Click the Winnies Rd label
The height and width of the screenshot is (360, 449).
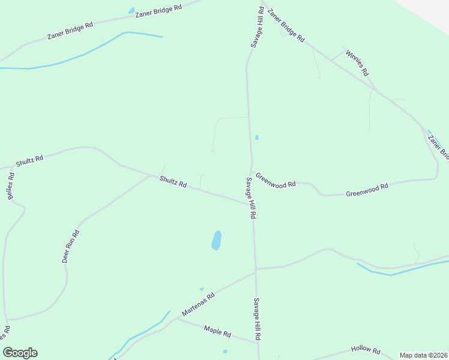click(x=357, y=63)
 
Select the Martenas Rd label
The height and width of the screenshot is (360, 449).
click(x=198, y=305)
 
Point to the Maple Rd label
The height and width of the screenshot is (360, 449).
click(x=217, y=331)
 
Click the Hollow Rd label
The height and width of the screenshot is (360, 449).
click(x=366, y=351)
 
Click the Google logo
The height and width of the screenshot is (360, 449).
click(x=20, y=353)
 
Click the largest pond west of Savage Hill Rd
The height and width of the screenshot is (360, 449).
click(x=216, y=240)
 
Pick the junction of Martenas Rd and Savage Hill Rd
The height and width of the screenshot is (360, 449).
click(x=256, y=271)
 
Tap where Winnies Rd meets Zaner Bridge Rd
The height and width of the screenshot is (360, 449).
click(x=332, y=60)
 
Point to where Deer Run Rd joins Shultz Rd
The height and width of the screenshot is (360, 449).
click(x=149, y=176)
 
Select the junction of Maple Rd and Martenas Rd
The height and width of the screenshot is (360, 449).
click(x=176, y=319)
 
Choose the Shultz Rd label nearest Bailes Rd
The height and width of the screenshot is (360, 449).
click(x=29, y=161)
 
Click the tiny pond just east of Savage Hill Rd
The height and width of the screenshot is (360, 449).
click(x=257, y=137)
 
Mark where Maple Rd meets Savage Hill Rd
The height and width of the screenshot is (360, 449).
click(x=259, y=343)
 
